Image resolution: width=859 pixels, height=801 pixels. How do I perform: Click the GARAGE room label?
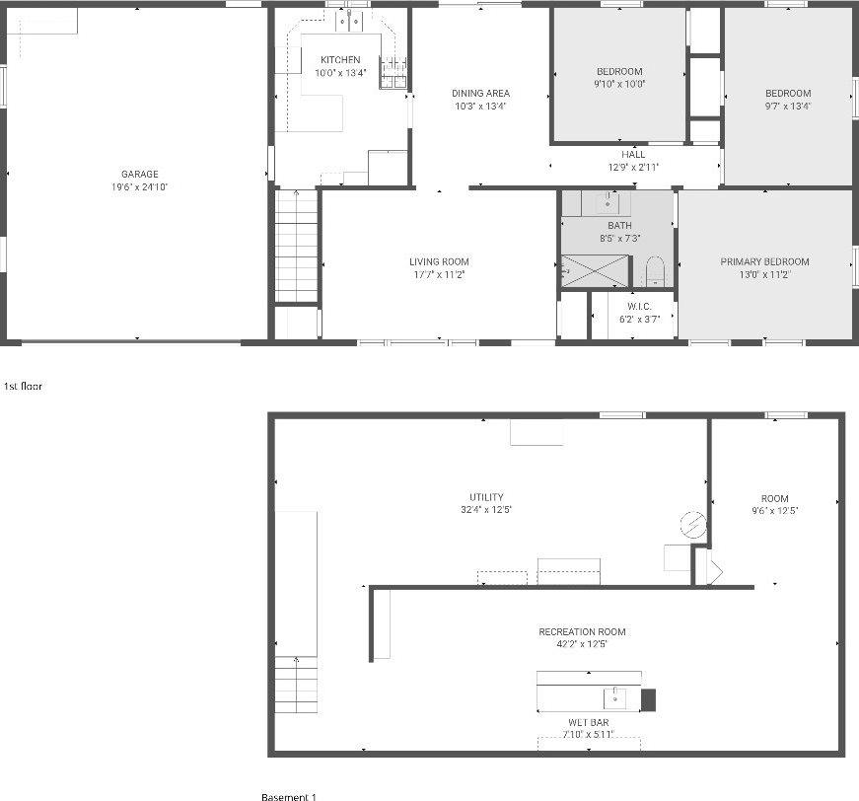tap(140, 174)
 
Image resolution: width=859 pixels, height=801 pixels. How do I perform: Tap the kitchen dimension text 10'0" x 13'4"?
tap(340, 73)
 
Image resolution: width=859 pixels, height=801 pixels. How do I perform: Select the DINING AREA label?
tap(480, 93)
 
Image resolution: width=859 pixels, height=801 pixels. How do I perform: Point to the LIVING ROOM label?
tap(439, 261)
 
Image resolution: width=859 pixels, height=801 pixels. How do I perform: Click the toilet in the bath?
tap(655, 271)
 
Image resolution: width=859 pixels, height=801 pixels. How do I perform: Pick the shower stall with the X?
tap(595, 270)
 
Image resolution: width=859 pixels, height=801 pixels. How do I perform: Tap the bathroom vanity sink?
tap(607, 203)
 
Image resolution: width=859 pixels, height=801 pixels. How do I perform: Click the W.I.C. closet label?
tap(639, 306)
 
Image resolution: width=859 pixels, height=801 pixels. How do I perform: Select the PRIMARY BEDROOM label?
tap(764, 261)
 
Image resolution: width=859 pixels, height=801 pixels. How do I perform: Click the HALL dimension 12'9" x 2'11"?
tap(633, 167)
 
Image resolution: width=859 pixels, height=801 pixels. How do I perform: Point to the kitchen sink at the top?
tap(350, 23)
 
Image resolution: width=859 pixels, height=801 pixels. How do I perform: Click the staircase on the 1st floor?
tap(297, 246)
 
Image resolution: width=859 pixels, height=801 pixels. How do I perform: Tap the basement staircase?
tap(296, 685)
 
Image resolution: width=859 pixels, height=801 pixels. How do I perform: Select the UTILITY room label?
tap(486, 497)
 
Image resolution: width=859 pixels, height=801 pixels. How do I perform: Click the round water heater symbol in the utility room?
tap(693, 525)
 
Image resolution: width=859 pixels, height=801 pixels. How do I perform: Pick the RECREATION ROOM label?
tap(582, 631)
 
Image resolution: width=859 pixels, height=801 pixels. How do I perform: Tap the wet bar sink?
tap(615, 698)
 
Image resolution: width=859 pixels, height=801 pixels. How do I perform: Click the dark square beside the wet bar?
tap(648, 699)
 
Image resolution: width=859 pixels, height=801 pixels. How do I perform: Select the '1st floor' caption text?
tap(23, 387)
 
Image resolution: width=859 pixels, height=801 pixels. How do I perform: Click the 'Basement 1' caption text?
tap(289, 797)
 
